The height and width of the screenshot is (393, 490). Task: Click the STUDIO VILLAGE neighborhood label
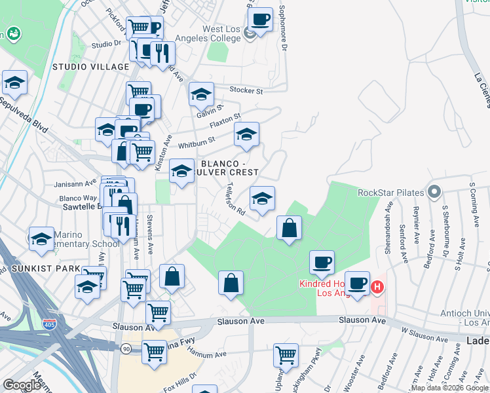click(x=90, y=67)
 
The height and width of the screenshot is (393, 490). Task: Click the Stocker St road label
click(x=246, y=90)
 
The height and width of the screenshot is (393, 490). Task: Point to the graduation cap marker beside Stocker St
click(x=201, y=94)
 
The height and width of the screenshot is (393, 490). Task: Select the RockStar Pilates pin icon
click(x=433, y=193)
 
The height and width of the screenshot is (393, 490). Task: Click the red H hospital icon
click(x=377, y=286)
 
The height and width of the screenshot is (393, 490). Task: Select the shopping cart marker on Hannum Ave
click(x=286, y=356)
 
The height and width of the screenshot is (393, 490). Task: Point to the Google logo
click(x=22, y=385)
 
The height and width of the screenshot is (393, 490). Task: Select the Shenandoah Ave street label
click(x=388, y=240)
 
